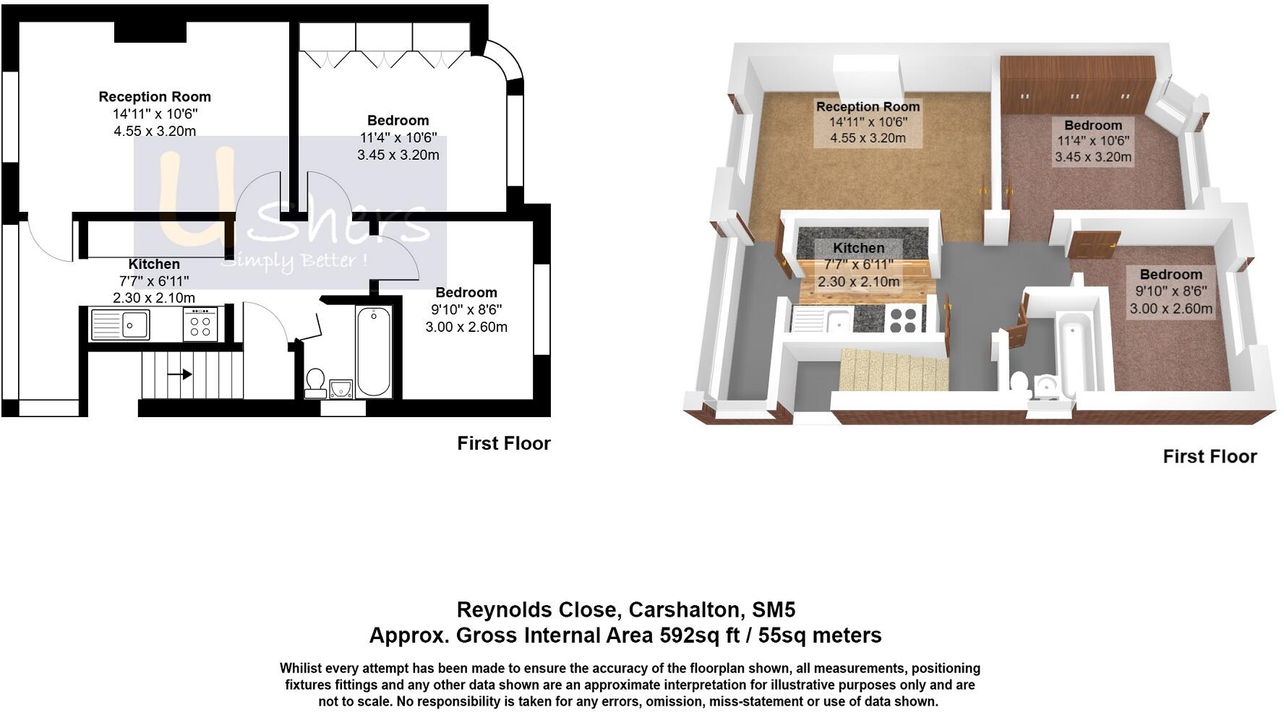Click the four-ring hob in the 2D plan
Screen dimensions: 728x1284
pyautogui.click(x=200, y=324)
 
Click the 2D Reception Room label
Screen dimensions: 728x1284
pyautogui.click(x=155, y=97)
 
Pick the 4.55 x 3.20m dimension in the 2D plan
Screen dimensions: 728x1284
pyautogui.click(x=155, y=131)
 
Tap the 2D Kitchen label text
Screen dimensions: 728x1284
pyautogui.click(x=154, y=264)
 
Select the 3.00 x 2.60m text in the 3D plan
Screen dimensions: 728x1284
pyautogui.click(x=1170, y=309)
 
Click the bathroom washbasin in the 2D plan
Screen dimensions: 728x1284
pyautogui.click(x=340, y=388)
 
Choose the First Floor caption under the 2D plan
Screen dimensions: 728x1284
pyautogui.click(x=503, y=443)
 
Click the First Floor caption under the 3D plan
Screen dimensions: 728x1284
pyautogui.click(x=1210, y=456)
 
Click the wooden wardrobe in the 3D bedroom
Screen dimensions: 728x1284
pyautogui.click(x=1076, y=85)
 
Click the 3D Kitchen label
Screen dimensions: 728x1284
pyautogui.click(x=858, y=247)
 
